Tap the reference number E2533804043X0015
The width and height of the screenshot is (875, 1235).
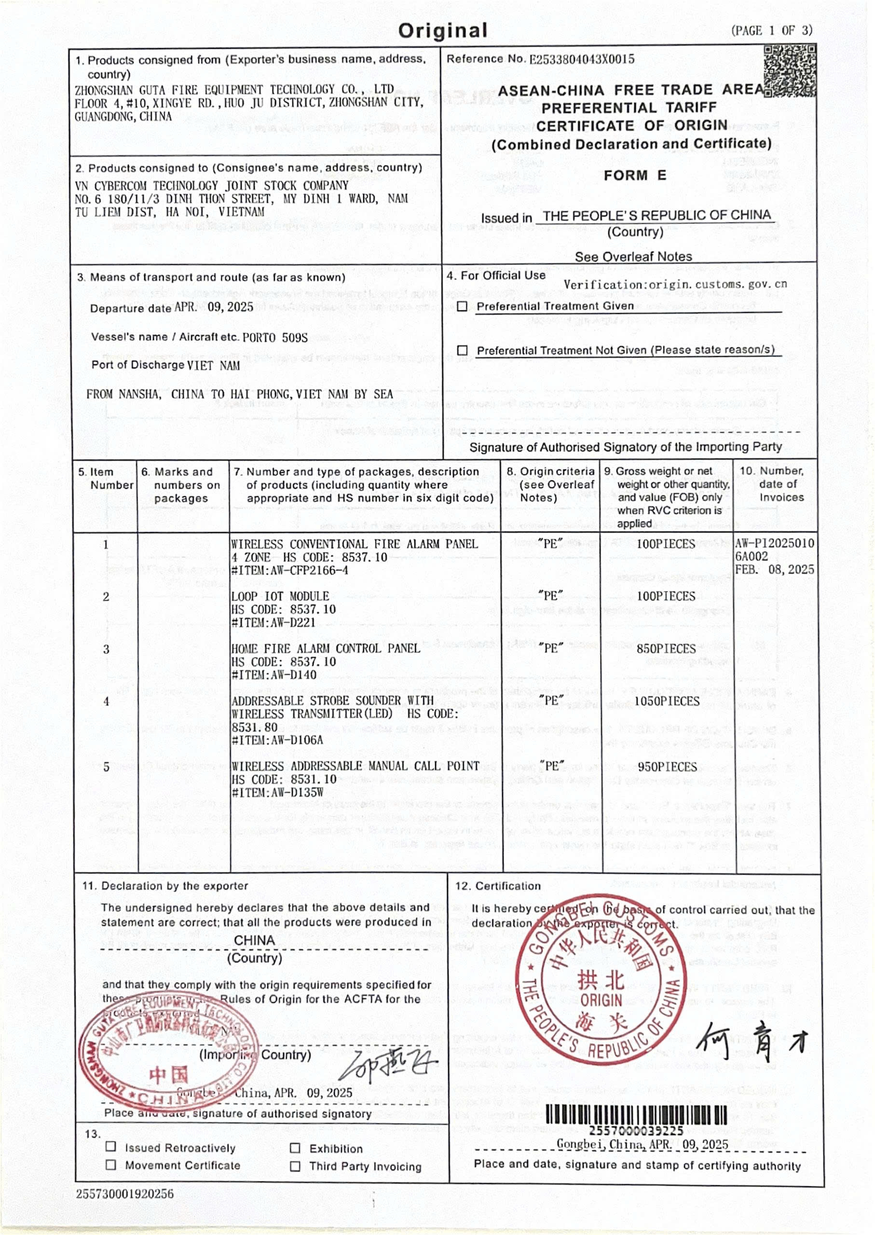tap(582, 59)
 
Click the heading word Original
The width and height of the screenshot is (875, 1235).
tap(443, 31)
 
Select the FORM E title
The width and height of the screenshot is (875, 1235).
tap(635, 176)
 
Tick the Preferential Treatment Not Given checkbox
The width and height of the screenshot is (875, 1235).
tap(462, 351)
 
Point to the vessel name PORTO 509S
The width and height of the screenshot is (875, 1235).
tap(275, 338)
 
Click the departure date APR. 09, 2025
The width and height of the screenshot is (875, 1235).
tap(214, 307)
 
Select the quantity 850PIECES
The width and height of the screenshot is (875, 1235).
tap(666, 649)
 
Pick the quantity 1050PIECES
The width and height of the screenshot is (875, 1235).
tap(667, 701)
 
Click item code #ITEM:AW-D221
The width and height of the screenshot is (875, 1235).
tap(273, 623)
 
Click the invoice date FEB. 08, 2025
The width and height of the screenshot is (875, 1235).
tap(774, 570)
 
